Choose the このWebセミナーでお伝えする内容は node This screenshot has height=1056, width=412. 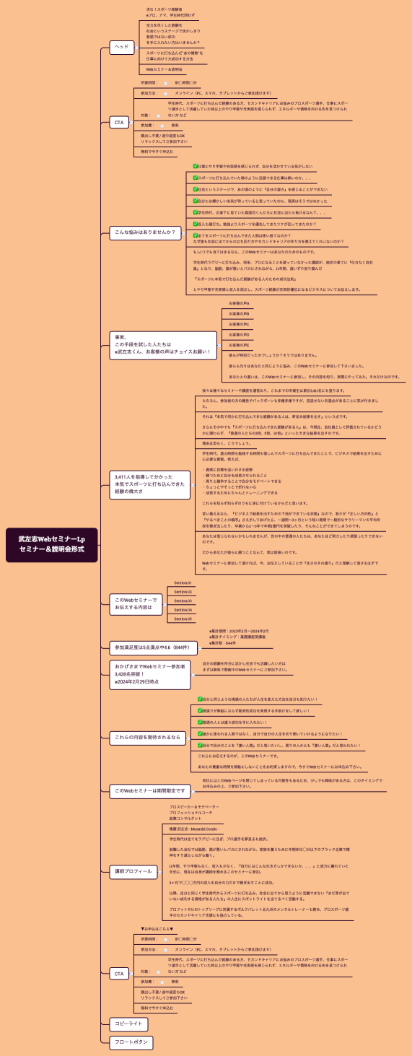pos(136,604)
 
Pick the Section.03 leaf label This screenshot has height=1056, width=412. pos(183,601)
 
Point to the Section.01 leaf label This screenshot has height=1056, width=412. pos(183,582)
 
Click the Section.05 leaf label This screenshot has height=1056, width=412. pos(183,619)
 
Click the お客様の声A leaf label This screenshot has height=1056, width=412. pos(239,303)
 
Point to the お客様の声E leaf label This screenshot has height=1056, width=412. pos(239,345)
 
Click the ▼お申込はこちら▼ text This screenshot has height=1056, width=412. pos(157,928)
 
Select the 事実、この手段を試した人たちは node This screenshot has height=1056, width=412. pos(163,345)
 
